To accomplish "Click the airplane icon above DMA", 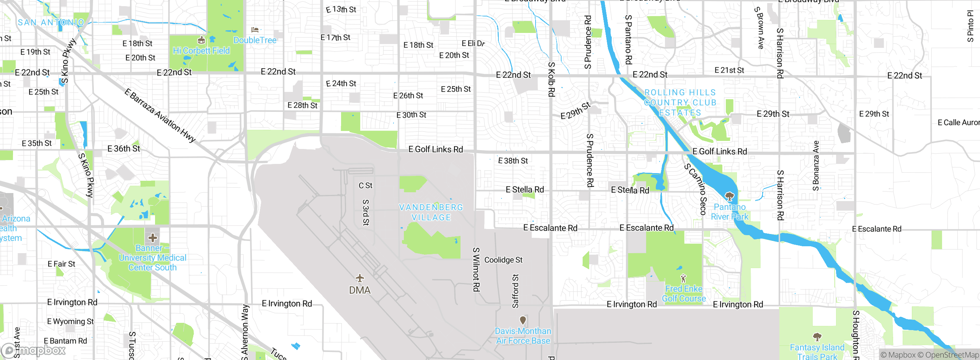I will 359,278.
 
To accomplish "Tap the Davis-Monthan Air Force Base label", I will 523,335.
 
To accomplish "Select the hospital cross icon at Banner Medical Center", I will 153,238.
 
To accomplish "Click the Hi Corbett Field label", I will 201,51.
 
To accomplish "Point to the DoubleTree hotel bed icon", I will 255,29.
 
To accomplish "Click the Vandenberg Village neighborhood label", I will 431,212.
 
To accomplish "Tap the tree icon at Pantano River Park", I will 730,196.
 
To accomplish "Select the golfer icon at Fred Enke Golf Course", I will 683,278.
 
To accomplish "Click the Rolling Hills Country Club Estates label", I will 680,103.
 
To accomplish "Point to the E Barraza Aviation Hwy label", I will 160,115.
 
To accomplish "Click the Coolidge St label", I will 503,260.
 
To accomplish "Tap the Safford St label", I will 516,291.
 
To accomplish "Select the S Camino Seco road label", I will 695,189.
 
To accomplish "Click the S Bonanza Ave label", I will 816,165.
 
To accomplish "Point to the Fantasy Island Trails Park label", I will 817,352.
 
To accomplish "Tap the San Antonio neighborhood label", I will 51,23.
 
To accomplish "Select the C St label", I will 365,186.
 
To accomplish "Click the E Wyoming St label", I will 70,322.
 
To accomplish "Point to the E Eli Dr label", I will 473,43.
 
